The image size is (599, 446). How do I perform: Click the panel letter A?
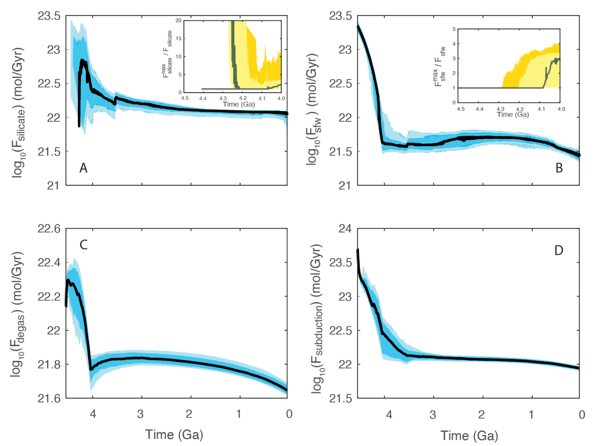83,168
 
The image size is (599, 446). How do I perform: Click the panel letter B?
559,168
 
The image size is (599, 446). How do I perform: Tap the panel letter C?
83,245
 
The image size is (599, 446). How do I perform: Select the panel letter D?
558,250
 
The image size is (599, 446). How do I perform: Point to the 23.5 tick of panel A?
49,16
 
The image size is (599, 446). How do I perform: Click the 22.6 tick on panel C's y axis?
49,229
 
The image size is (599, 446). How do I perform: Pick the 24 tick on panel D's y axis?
345,229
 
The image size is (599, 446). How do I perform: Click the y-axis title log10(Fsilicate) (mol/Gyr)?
18,112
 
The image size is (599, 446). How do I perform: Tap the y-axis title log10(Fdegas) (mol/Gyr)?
17,314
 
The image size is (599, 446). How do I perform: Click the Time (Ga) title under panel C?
174,435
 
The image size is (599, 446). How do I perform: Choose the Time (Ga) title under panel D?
469,436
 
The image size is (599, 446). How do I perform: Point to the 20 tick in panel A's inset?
178,21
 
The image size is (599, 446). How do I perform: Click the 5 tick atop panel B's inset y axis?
454,29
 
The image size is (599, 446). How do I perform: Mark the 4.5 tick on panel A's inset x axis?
185,98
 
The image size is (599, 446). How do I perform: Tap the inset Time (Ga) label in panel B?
513,115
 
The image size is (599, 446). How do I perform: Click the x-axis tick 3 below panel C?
140,414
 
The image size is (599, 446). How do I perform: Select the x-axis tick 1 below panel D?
531,415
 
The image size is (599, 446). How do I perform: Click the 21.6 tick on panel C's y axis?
49,398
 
